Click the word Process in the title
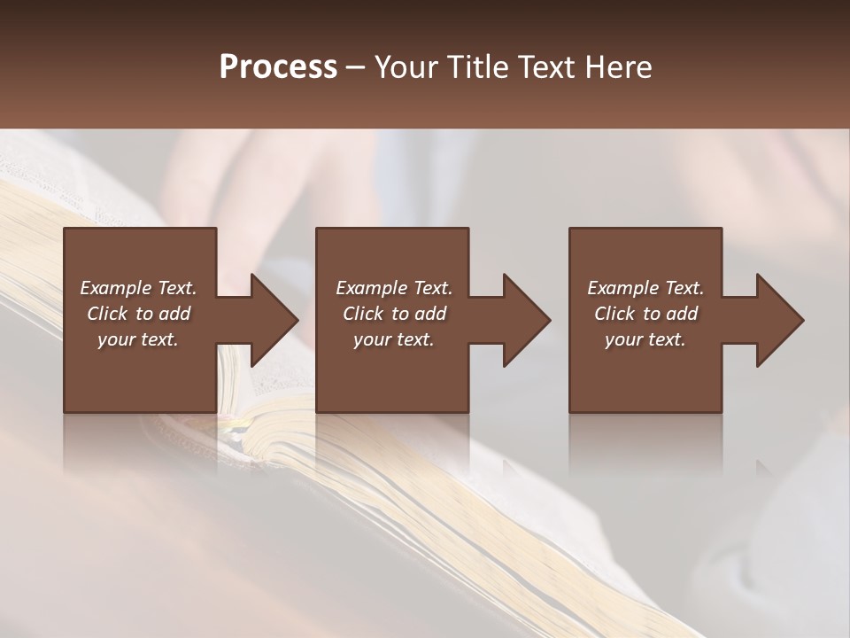click(x=278, y=67)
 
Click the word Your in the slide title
click(x=406, y=67)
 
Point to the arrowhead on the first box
click(x=269, y=320)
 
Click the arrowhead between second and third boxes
click(x=522, y=320)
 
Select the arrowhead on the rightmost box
click(x=775, y=320)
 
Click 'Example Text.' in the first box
click(x=138, y=288)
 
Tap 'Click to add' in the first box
click(x=138, y=314)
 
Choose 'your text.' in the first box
click(x=138, y=339)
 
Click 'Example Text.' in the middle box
click(x=394, y=288)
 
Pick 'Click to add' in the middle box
click(x=394, y=314)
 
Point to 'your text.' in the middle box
click(x=394, y=339)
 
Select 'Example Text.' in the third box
click(x=645, y=288)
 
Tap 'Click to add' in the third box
click(x=645, y=314)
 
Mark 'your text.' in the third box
click(x=645, y=339)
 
